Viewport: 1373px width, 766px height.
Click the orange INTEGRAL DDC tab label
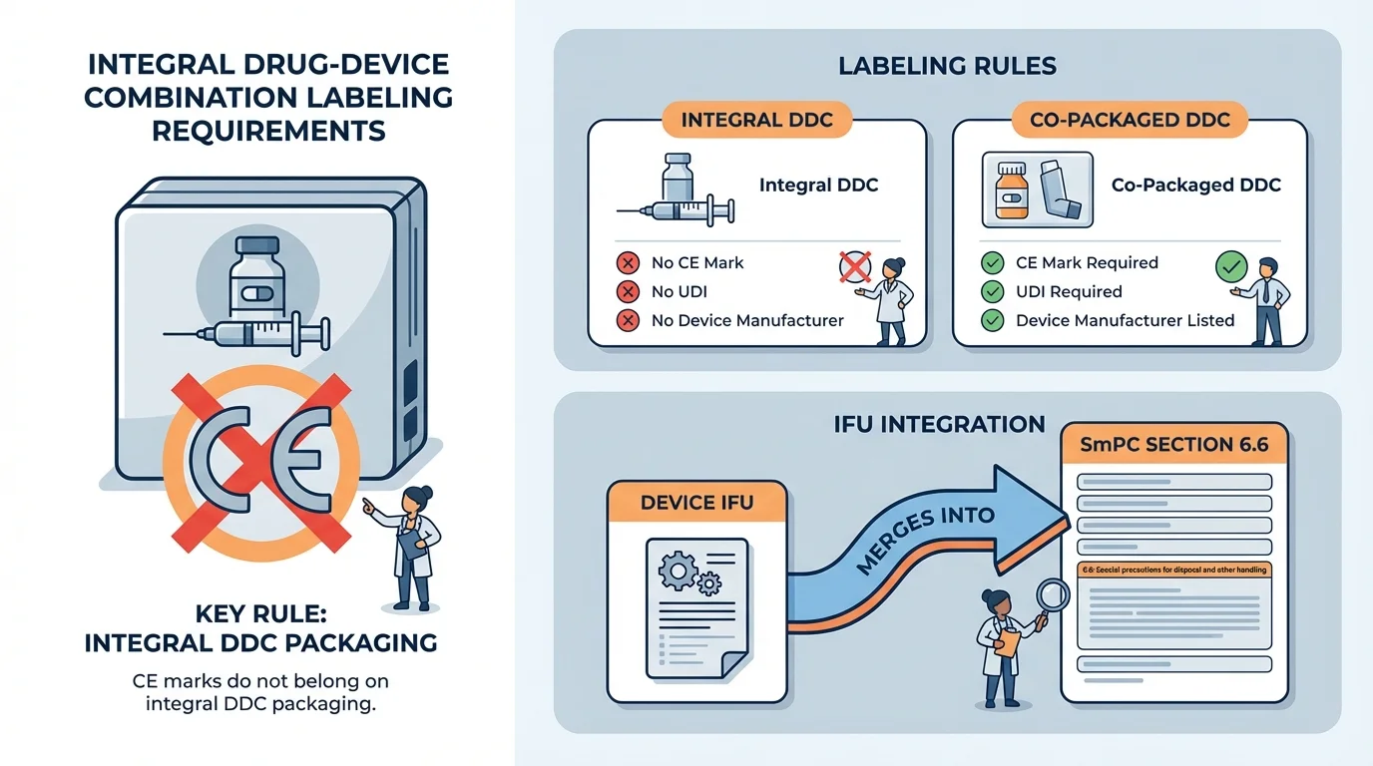[x=756, y=121]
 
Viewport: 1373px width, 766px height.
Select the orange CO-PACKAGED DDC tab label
[x=1130, y=121]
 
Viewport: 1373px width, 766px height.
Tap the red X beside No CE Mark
[x=628, y=263]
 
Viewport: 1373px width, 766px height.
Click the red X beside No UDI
[x=628, y=292]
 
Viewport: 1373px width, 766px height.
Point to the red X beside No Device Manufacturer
[x=628, y=321]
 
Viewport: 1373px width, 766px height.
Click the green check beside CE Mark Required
[x=992, y=263]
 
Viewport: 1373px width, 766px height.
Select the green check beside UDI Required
[x=992, y=292]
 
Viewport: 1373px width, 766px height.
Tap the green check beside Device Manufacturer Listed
[x=992, y=321]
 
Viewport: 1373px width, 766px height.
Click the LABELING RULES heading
[x=947, y=67]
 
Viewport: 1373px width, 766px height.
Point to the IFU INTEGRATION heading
[x=939, y=425]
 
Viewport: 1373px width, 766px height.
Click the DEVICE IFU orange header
[x=696, y=503]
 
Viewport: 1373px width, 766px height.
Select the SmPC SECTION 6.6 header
[x=1174, y=445]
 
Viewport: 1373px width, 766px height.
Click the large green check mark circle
[x=1231, y=267]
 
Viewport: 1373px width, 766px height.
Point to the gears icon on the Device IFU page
[x=684, y=573]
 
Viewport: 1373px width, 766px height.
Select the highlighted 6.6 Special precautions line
[x=1174, y=570]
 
